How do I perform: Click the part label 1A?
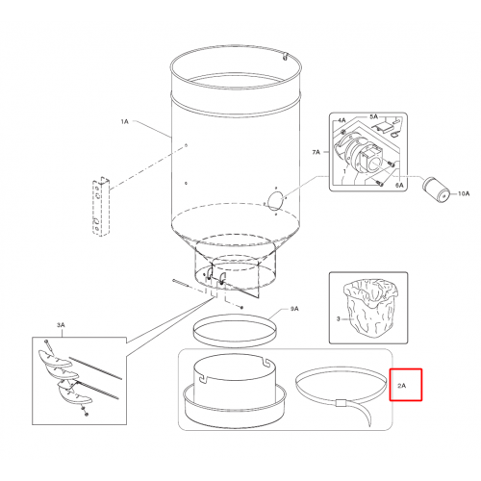pos(124,121)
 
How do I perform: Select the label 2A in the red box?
pos(401,386)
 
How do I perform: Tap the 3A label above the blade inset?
pos(61,325)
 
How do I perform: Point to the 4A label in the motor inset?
pos(342,120)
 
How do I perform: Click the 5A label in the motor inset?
pos(374,116)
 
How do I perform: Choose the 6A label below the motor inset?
pos(399,186)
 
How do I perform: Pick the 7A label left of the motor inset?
pos(316,152)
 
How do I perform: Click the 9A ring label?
pos(294,309)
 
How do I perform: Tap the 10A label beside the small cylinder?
pos(464,193)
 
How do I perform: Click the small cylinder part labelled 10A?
pos(436,190)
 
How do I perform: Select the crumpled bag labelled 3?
pos(370,307)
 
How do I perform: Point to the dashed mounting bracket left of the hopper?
pos(101,207)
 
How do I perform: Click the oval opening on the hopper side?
pos(275,201)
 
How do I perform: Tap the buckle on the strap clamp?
pos(341,403)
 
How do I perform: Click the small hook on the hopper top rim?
pos(285,57)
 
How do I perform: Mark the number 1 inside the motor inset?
pos(344,171)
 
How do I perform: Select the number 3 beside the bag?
pos(338,319)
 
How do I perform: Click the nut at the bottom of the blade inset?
pos(86,415)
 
